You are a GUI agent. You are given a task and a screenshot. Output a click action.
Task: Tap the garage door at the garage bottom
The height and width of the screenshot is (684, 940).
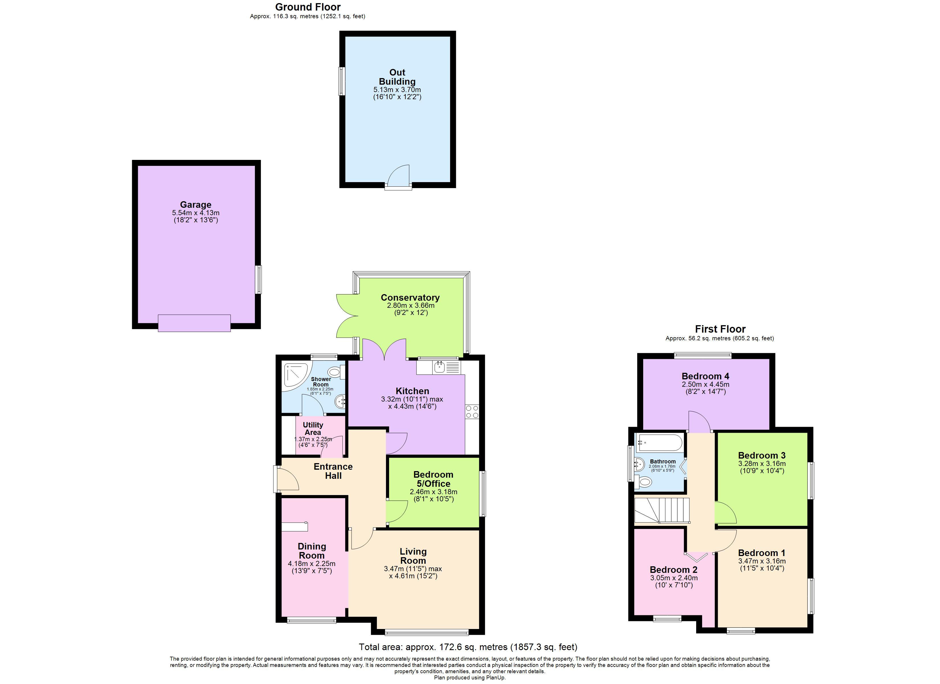194,323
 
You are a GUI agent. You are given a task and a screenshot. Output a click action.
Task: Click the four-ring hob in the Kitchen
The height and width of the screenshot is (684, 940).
472,412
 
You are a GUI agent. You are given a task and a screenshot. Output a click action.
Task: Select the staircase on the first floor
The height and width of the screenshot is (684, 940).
661,511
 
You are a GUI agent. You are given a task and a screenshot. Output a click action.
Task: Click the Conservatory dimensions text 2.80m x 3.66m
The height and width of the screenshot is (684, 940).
410,305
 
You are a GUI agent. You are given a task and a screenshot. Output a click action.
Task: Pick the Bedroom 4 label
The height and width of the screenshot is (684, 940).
705,376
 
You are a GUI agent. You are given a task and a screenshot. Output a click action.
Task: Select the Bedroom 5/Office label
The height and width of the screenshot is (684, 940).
433,479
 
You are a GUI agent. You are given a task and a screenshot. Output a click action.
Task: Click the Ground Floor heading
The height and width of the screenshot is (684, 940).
308,7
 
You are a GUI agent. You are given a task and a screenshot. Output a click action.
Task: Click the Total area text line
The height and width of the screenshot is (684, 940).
467,647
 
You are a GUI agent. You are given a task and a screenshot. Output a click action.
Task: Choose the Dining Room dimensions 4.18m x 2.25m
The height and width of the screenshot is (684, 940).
311,564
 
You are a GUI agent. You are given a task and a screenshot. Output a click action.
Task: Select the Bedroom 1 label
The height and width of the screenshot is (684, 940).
761,553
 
